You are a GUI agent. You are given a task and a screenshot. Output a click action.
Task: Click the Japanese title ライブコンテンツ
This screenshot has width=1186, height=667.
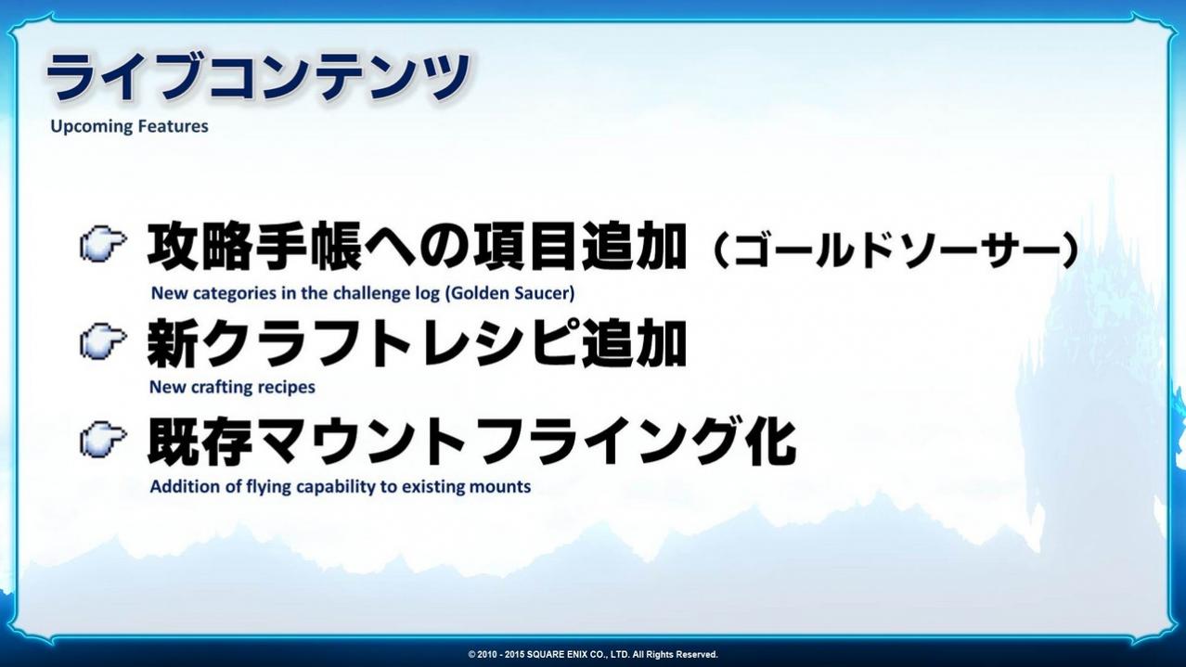point(258,77)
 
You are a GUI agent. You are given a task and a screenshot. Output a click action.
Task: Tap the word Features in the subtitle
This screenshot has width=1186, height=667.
point(174,126)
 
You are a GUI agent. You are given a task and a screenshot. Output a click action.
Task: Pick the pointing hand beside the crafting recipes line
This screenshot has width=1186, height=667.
point(103,340)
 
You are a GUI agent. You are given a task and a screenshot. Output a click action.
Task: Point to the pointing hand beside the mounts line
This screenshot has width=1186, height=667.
point(103,439)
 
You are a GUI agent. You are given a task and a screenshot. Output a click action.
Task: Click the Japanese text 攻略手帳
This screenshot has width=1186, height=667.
point(254,246)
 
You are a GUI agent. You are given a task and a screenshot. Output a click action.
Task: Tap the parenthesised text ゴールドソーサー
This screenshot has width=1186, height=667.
point(896,250)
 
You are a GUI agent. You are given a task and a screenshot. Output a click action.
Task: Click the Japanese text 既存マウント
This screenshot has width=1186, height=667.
point(307,442)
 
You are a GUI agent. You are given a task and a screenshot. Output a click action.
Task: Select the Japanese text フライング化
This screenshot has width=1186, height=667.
point(638,442)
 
